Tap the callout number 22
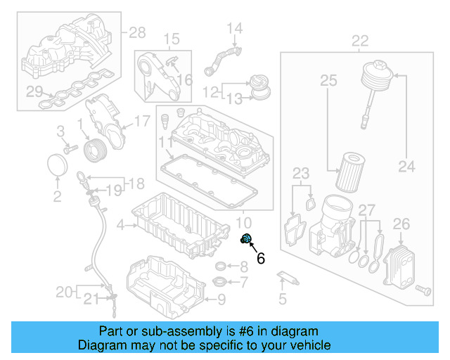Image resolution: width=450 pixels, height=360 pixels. coord(359,41)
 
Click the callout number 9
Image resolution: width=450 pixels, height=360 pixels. coord(221,300)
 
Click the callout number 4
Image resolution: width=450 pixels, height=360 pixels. coord(120,225)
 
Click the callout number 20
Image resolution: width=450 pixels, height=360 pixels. coord(64,291)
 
